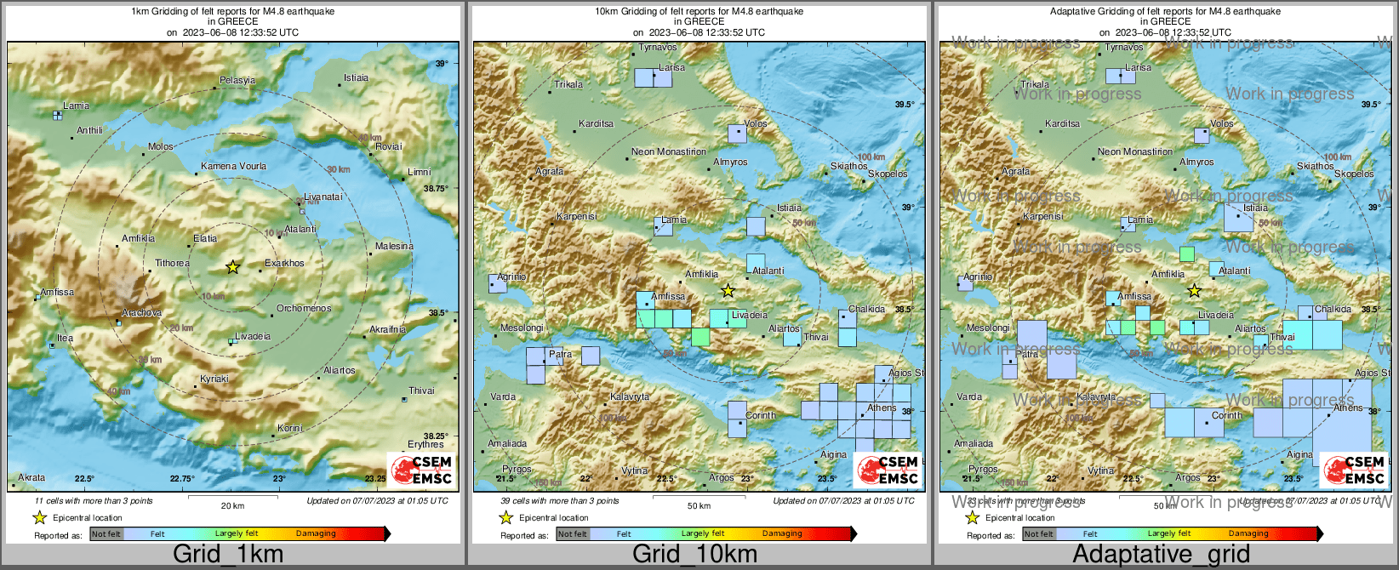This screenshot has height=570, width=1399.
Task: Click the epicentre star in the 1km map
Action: (232, 267)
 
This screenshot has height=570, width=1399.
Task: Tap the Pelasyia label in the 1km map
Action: (237, 81)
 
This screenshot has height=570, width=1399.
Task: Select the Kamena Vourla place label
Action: (233, 167)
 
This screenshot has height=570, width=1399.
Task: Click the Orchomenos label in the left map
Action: (304, 308)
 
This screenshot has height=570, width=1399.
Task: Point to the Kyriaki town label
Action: (214, 379)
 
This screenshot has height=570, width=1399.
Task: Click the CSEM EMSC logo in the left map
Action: (421, 470)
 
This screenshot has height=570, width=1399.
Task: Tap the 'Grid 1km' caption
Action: (227, 554)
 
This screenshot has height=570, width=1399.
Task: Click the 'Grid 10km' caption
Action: (694, 554)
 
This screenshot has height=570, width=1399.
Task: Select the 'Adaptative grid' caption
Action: (1161, 554)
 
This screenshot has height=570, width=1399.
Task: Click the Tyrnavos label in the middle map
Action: (658, 48)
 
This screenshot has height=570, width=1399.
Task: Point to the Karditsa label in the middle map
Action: (596, 124)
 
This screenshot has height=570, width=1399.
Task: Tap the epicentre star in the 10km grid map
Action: (728, 291)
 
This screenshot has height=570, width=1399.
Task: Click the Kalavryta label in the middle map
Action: (630, 397)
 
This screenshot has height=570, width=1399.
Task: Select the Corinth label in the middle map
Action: (760, 416)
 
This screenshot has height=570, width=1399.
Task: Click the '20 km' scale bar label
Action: (232, 506)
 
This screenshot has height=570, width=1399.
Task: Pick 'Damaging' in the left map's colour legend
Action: (316, 534)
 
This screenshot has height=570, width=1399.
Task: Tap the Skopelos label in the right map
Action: (1353, 174)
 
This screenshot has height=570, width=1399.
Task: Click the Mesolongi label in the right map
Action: (988, 328)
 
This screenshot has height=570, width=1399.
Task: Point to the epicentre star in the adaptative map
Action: (1194, 291)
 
